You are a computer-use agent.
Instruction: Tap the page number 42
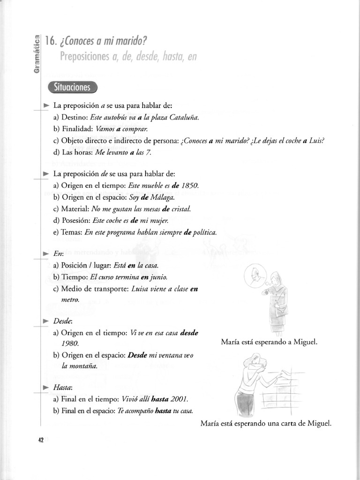(x=41, y=440)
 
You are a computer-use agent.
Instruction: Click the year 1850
(x=190, y=186)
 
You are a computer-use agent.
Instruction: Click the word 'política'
(x=202, y=232)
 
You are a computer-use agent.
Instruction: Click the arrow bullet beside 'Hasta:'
(x=45, y=388)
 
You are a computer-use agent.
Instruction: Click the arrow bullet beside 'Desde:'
(x=45, y=321)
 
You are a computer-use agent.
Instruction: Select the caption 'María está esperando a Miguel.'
(x=269, y=342)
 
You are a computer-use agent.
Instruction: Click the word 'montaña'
(x=79, y=367)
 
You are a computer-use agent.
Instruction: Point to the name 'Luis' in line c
(x=317, y=141)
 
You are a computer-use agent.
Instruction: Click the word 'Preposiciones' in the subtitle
(x=83, y=57)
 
